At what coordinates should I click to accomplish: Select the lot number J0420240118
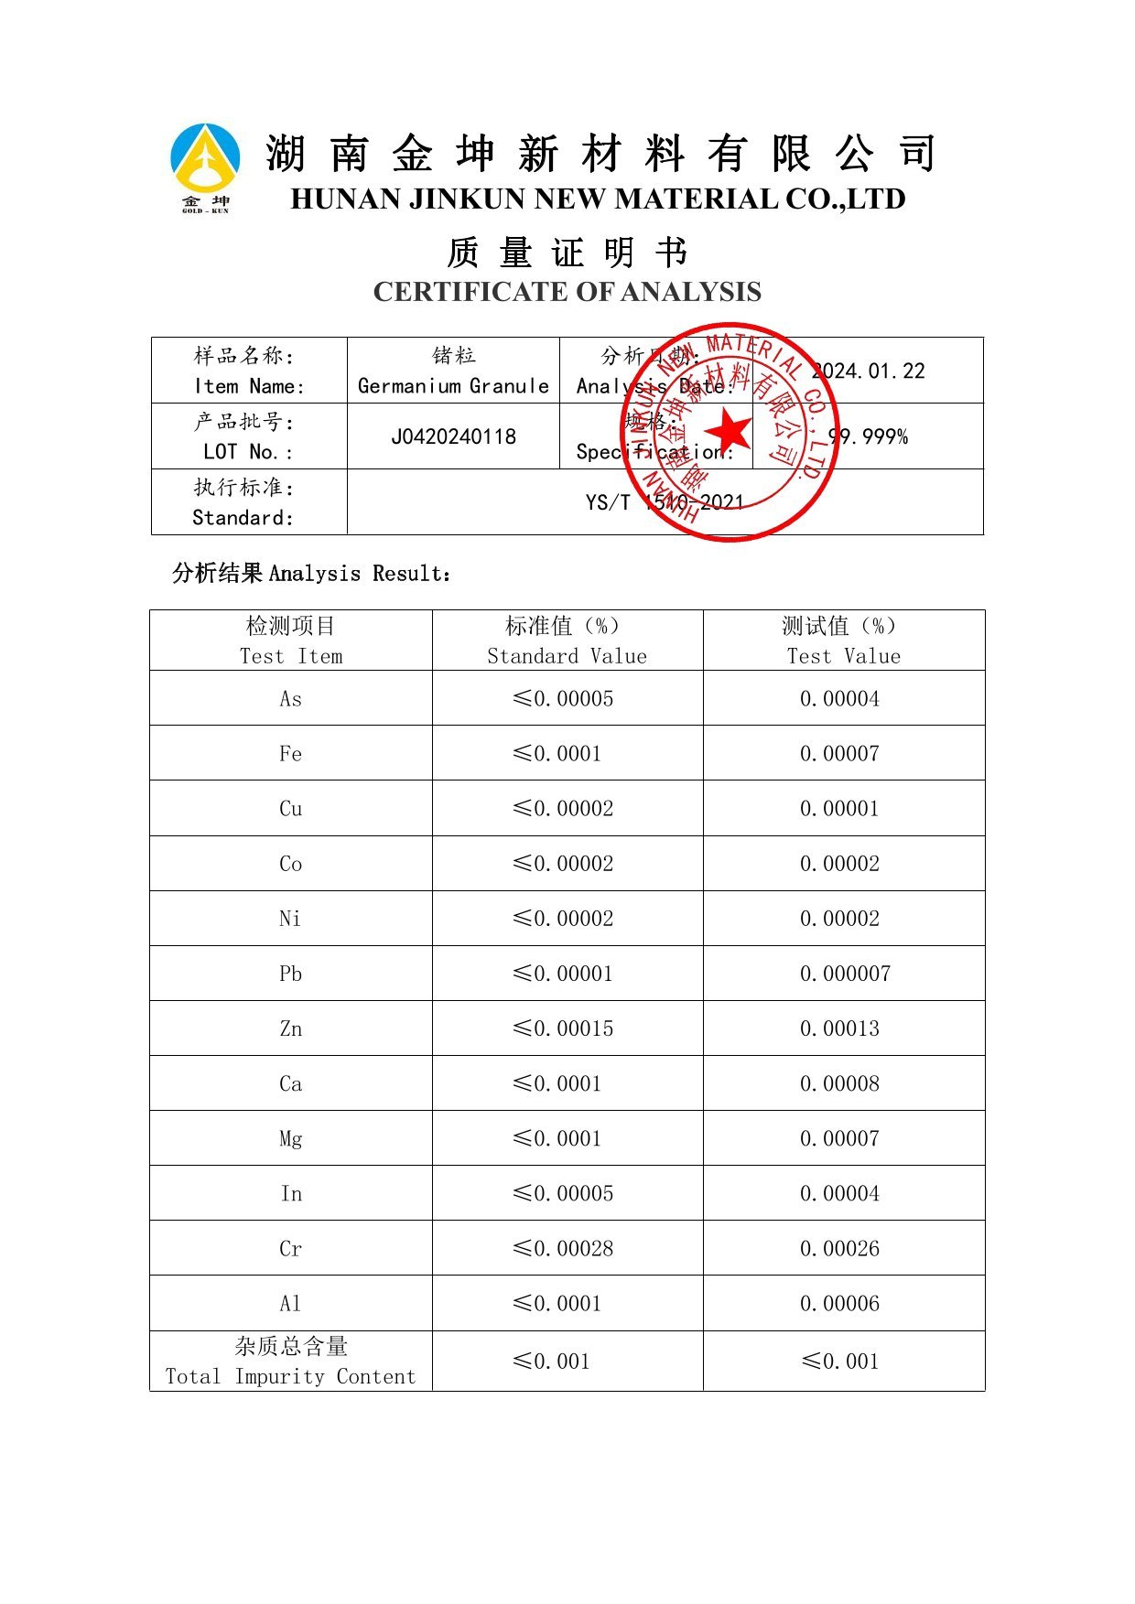pos(453,436)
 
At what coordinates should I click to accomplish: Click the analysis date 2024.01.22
pos(869,371)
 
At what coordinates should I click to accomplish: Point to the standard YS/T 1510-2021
pos(665,501)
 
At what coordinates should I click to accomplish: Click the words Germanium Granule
pos(453,386)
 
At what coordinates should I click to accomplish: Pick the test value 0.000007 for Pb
pos(844,974)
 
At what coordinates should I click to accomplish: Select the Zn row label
pos(290,1028)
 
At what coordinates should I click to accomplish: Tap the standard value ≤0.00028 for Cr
pos(563,1248)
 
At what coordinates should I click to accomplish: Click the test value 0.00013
pos(839,1028)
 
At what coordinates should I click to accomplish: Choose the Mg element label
pos(290,1139)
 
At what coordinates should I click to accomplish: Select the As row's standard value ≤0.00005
pos(563,699)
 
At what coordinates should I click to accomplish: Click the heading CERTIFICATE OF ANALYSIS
pos(567,292)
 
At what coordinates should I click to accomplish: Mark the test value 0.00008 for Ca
pos(839,1083)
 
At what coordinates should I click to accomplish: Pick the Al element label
pos(290,1303)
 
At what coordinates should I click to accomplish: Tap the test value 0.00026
pos(839,1248)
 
